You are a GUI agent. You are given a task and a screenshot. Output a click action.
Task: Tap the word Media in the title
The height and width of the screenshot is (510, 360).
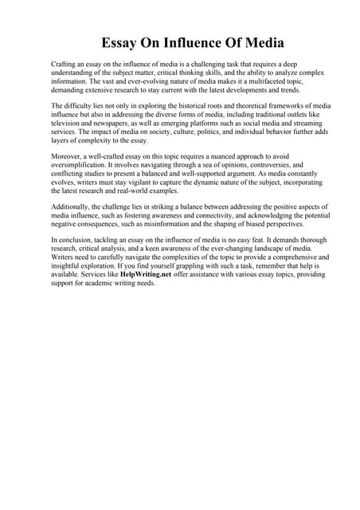(x=261, y=42)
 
